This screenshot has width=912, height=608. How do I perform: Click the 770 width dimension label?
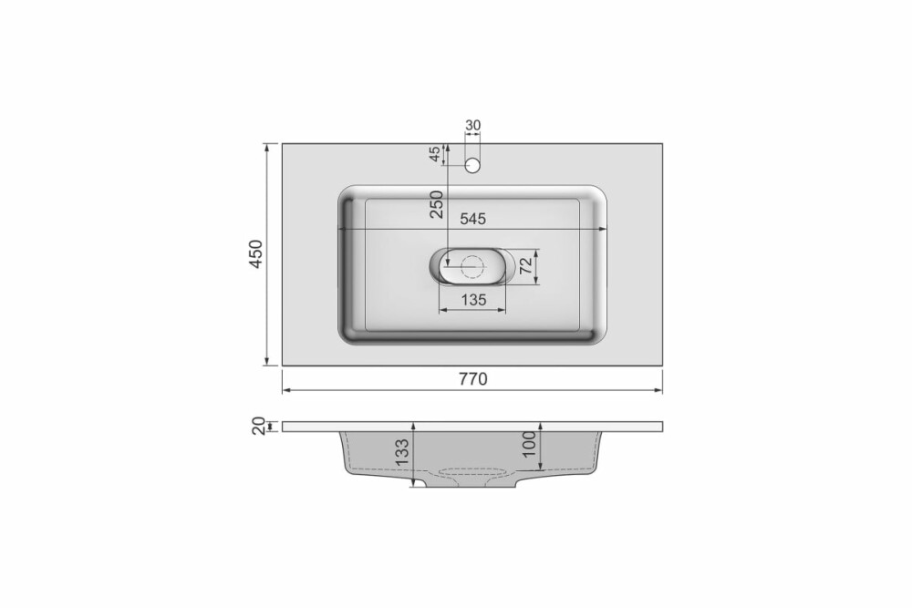pyautogui.click(x=472, y=379)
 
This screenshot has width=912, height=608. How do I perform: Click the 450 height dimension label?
pyautogui.click(x=256, y=254)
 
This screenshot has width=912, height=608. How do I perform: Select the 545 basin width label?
pyautogui.click(x=472, y=219)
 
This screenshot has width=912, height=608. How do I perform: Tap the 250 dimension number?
pyautogui.click(x=437, y=204)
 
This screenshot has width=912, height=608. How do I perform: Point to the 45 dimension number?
pyautogui.click(x=434, y=154)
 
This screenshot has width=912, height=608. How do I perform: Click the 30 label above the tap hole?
pyautogui.click(x=472, y=125)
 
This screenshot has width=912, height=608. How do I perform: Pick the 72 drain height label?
pyautogui.click(x=526, y=266)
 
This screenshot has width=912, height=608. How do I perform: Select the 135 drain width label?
pyautogui.click(x=473, y=300)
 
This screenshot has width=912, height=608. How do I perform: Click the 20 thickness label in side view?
pyautogui.click(x=259, y=426)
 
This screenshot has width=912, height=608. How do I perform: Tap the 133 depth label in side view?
pyautogui.click(x=402, y=453)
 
